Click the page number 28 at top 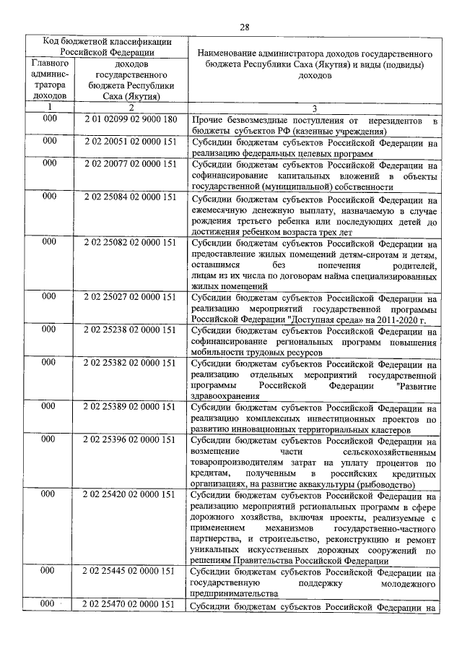point(245,27)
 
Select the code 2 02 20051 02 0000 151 point(130,142)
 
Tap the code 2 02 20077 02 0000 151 point(130,164)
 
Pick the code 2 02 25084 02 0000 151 point(130,197)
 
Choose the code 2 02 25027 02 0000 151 point(130,297)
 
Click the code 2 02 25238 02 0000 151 point(130,330)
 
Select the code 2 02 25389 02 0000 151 point(130,407)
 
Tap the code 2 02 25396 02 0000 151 point(130,439)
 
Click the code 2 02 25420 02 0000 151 point(130,495)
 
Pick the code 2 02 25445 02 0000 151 point(130,572)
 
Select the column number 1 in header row point(49,107)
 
